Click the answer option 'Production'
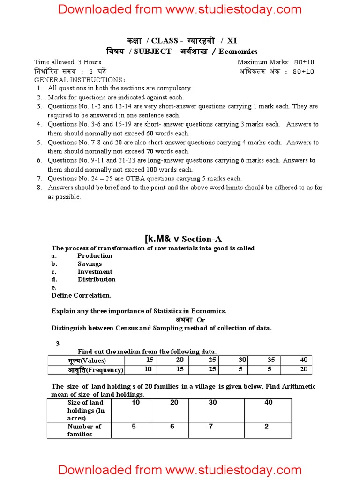[95, 255]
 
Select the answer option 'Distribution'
[97, 279]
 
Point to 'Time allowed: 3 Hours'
[67, 62]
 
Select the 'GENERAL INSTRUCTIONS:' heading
[73, 80]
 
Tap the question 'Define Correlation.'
[82, 295]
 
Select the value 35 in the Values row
[271, 360]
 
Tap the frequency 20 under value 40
[303, 369]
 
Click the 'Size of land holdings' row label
[86, 410]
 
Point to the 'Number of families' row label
[84, 430]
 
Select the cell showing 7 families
[212, 427]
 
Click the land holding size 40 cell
[268, 403]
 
